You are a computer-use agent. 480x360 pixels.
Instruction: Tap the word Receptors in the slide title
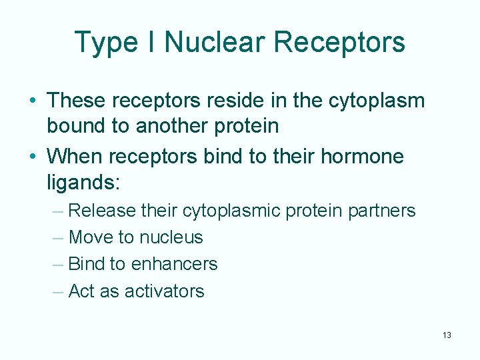[339, 42]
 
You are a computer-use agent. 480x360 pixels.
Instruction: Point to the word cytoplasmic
[231, 211]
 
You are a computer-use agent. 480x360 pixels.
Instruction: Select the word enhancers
[174, 264]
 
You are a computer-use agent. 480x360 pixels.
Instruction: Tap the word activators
[163, 291]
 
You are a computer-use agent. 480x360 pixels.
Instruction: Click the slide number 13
[446, 335]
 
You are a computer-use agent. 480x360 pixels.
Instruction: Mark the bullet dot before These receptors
[33, 101]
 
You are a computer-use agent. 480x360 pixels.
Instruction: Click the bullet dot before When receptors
[33, 157]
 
